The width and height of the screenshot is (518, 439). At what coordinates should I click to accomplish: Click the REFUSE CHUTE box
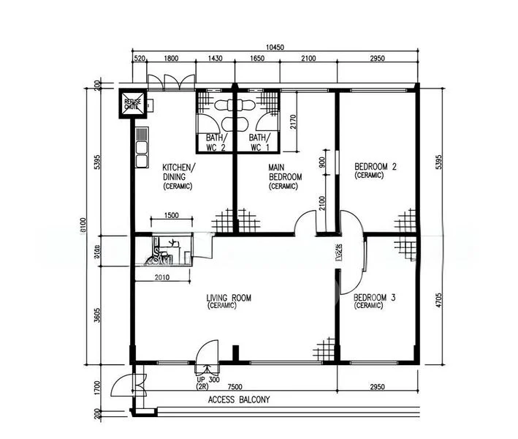pyautogui.click(x=132, y=104)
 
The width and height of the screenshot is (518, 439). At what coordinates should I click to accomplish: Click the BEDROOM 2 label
pyautogui.click(x=375, y=170)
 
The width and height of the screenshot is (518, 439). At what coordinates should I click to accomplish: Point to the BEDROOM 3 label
pyautogui.click(x=375, y=301)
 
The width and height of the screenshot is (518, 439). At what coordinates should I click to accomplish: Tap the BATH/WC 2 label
pyautogui.click(x=214, y=142)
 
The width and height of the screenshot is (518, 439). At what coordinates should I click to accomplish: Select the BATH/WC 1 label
pyautogui.click(x=257, y=142)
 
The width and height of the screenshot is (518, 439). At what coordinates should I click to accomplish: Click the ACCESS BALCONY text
pyautogui.click(x=239, y=399)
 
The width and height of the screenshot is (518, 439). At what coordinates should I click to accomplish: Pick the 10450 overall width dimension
pyautogui.click(x=275, y=48)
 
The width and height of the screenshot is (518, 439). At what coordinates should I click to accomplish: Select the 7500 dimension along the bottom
pyautogui.click(x=235, y=386)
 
